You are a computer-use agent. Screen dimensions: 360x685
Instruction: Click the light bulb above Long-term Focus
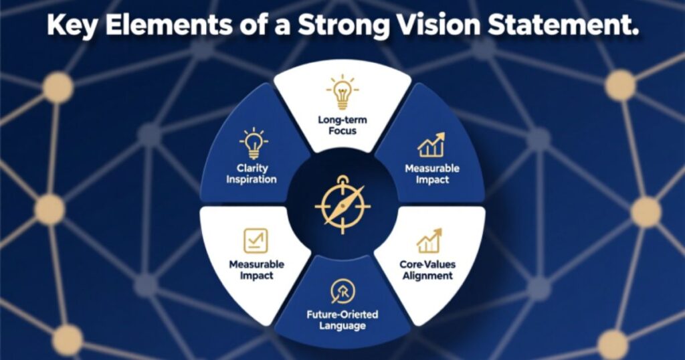342,93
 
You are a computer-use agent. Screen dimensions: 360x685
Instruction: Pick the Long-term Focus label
342,124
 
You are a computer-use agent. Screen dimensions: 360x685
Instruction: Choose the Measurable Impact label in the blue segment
431,174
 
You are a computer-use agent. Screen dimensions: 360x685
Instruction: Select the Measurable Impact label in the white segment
256,270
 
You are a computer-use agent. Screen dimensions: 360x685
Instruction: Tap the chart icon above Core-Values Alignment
428,241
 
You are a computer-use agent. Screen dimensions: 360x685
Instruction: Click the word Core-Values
428,264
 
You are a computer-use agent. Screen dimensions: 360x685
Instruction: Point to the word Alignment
428,276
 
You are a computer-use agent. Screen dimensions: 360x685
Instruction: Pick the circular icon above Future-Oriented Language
342,291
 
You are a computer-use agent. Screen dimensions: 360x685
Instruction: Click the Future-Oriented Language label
342,320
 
